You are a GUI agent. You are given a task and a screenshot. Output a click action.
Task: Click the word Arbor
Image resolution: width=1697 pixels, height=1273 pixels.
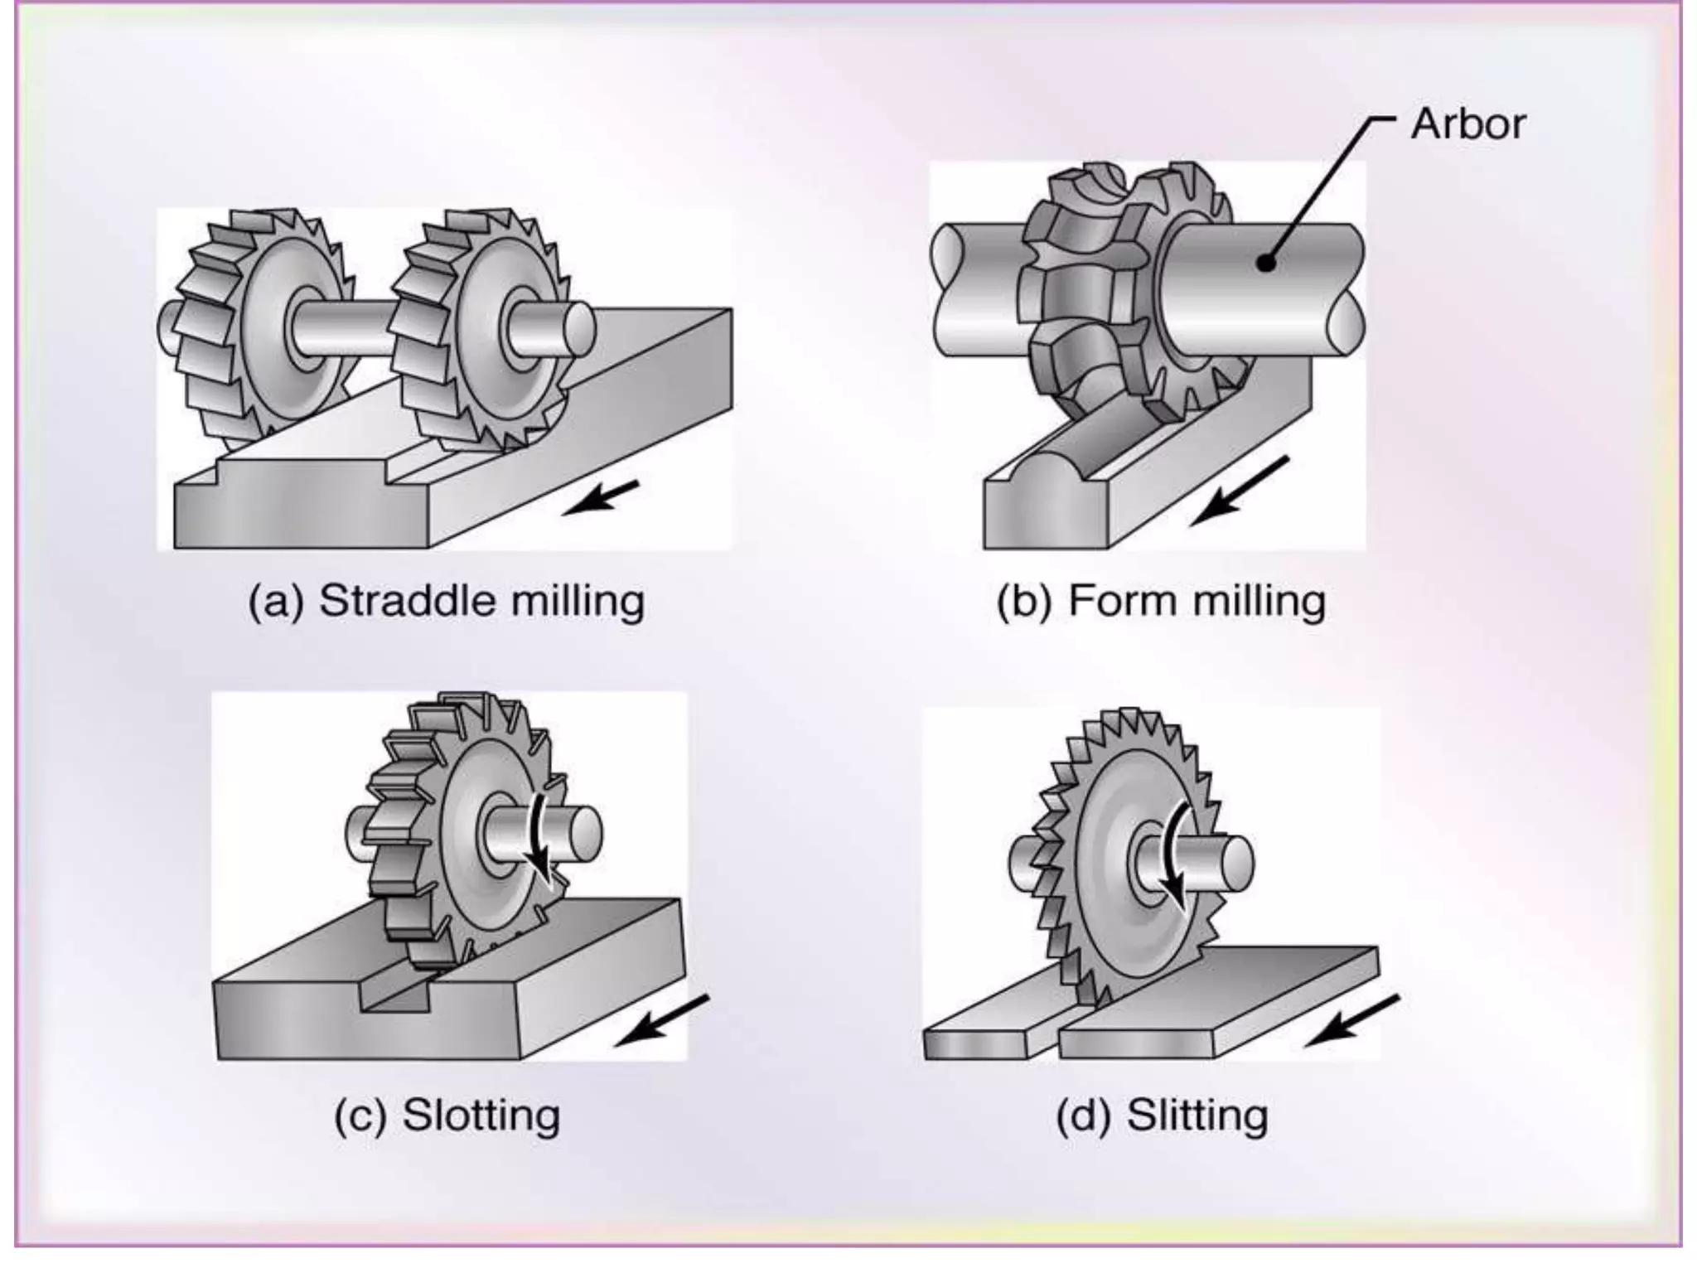1467,124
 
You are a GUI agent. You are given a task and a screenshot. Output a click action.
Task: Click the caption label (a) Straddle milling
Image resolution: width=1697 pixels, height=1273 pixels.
446,601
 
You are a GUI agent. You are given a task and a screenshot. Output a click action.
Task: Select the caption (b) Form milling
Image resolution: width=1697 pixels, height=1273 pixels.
1160,601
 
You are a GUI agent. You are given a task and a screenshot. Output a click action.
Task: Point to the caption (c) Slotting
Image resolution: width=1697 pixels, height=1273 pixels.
447,1115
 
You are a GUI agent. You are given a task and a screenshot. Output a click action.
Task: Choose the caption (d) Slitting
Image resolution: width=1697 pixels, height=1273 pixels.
1162,1115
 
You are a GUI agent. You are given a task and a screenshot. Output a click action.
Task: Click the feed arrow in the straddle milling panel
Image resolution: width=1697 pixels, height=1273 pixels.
601,497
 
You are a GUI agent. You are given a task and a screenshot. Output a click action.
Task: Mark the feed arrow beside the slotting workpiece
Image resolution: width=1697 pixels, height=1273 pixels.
663,1020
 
